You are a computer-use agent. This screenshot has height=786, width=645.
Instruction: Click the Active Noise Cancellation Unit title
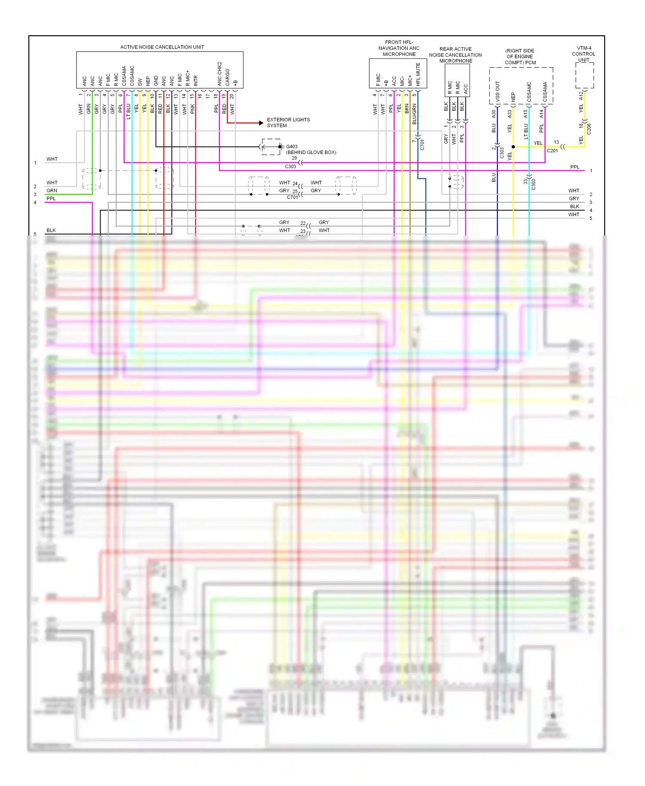point(162,47)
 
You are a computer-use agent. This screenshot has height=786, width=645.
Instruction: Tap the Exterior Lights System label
point(288,123)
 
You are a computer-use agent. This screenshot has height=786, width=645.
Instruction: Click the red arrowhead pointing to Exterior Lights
point(261,123)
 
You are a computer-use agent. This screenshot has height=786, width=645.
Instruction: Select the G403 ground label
point(292,147)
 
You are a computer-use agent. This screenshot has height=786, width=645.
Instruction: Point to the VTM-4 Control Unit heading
point(584,54)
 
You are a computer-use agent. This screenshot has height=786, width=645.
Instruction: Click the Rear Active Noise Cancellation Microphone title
point(455,55)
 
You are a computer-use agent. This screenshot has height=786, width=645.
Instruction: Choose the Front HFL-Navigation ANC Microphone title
point(399,48)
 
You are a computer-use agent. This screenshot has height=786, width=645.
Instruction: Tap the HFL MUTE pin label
point(418,74)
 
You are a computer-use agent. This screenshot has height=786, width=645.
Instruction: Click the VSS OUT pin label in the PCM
point(498,91)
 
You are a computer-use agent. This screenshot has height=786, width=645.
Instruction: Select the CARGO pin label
point(227,77)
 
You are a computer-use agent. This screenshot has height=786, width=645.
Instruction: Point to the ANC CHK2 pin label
point(220,74)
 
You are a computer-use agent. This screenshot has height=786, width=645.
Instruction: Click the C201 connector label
point(552,150)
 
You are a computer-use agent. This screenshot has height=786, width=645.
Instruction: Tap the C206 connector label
point(589,129)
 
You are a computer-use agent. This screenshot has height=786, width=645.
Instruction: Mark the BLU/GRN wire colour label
point(415,114)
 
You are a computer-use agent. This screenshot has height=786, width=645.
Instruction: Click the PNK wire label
point(193,108)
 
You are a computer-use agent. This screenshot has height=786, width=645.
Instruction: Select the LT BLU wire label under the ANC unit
point(129,111)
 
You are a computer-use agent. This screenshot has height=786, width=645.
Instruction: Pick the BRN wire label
point(407,108)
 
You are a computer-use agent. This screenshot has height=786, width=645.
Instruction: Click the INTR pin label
point(196,81)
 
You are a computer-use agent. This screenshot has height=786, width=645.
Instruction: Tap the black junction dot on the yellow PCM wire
point(513,147)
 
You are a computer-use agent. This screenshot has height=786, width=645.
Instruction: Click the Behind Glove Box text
point(311,152)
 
